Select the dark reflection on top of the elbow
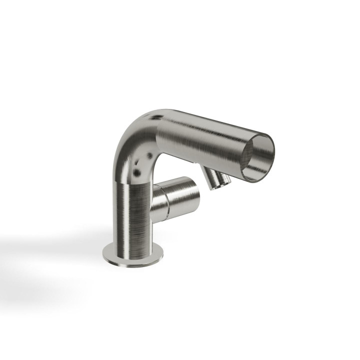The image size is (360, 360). point(156,118)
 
